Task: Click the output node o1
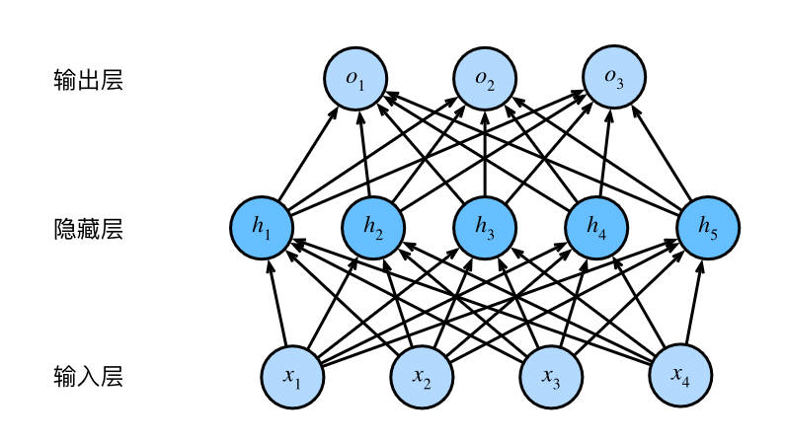[356, 79]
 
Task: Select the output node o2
[484, 79]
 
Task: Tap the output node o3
[612, 79]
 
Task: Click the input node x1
[292, 376]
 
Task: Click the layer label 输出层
[88, 80]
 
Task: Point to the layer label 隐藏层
[88, 229]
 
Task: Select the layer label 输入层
[88, 377]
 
